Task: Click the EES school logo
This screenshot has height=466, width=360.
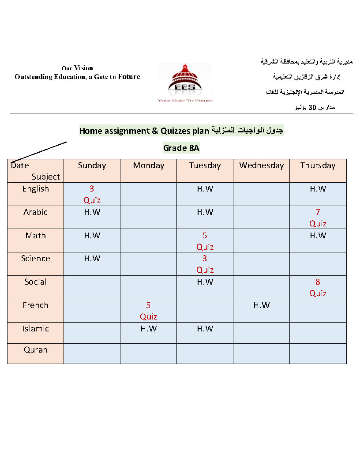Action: (185, 83)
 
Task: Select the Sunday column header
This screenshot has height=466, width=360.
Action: (92, 165)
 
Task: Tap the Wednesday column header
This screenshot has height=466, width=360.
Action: (261, 165)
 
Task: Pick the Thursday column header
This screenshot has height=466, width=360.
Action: (318, 165)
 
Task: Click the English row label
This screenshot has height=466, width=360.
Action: (35, 189)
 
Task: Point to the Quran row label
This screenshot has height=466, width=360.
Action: (35, 350)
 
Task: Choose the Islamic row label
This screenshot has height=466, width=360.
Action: (35, 329)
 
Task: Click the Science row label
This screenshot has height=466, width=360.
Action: (35, 259)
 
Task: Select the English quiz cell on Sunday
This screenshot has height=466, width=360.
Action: (92, 194)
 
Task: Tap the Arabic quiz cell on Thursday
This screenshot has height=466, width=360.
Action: (318, 218)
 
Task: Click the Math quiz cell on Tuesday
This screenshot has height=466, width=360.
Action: (205, 241)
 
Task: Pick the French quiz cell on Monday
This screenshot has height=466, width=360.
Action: (148, 311)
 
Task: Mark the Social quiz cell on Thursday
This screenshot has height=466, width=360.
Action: (318, 287)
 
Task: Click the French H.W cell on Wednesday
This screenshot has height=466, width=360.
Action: (261, 305)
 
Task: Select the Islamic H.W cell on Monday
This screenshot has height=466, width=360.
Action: (148, 329)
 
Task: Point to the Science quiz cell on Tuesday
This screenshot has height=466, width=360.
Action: (205, 264)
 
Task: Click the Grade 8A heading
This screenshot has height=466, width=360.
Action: (181, 148)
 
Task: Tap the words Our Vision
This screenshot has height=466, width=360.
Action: (77, 68)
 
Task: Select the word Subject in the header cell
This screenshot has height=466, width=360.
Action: (45, 177)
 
